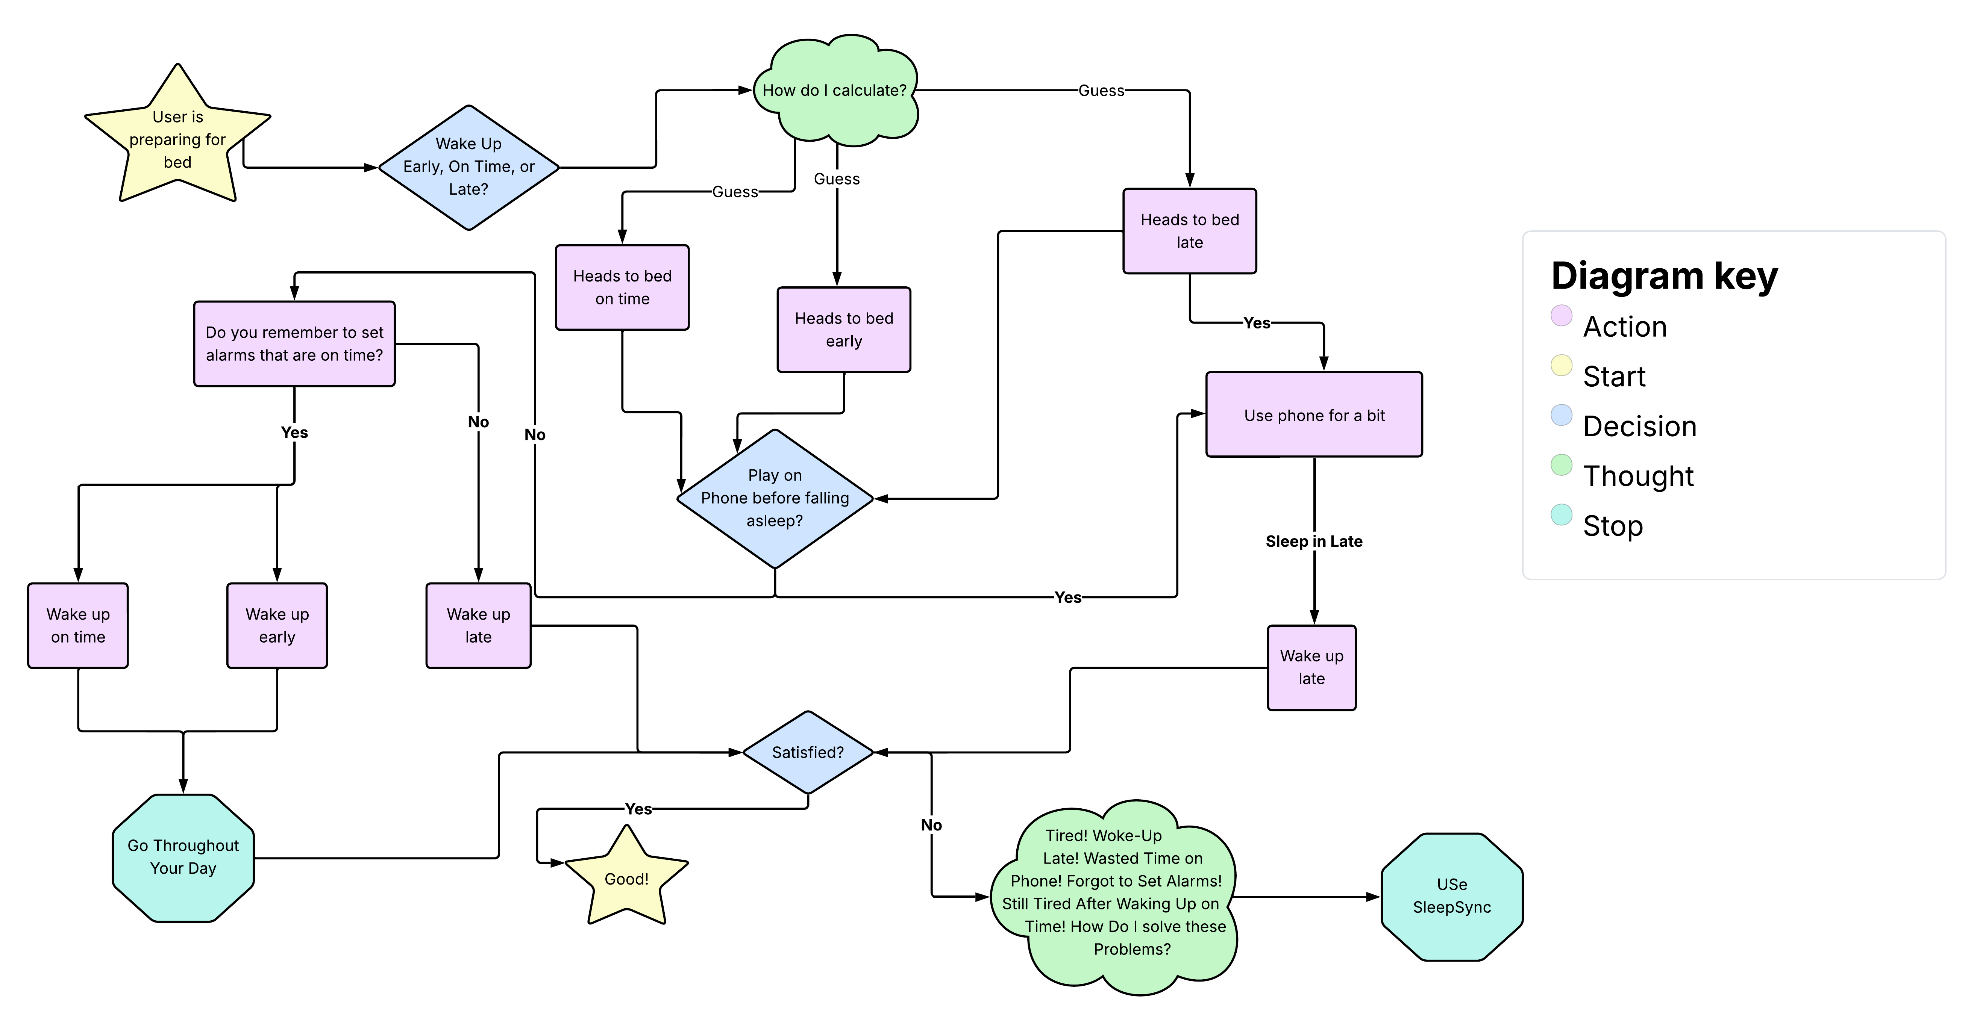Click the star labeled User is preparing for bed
click(x=178, y=139)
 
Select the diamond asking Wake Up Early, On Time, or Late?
click(x=468, y=167)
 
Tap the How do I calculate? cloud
click(x=834, y=90)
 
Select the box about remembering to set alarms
click(x=294, y=344)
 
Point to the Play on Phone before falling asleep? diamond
click(x=775, y=499)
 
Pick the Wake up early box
click(x=277, y=626)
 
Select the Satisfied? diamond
click(x=808, y=752)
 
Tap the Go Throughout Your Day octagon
click(x=183, y=858)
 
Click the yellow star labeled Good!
click(x=627, y=879)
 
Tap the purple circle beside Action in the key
click(x=1561, y=316)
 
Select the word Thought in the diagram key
click(x=1638, y=476)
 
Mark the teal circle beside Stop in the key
click(x=1561, y=514)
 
